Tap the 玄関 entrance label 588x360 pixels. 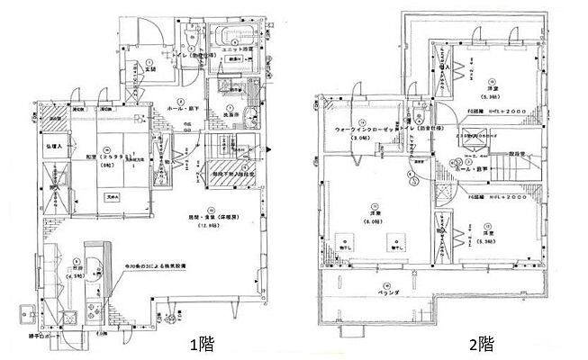(149, 67)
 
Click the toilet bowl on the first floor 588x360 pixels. (190, 38)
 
